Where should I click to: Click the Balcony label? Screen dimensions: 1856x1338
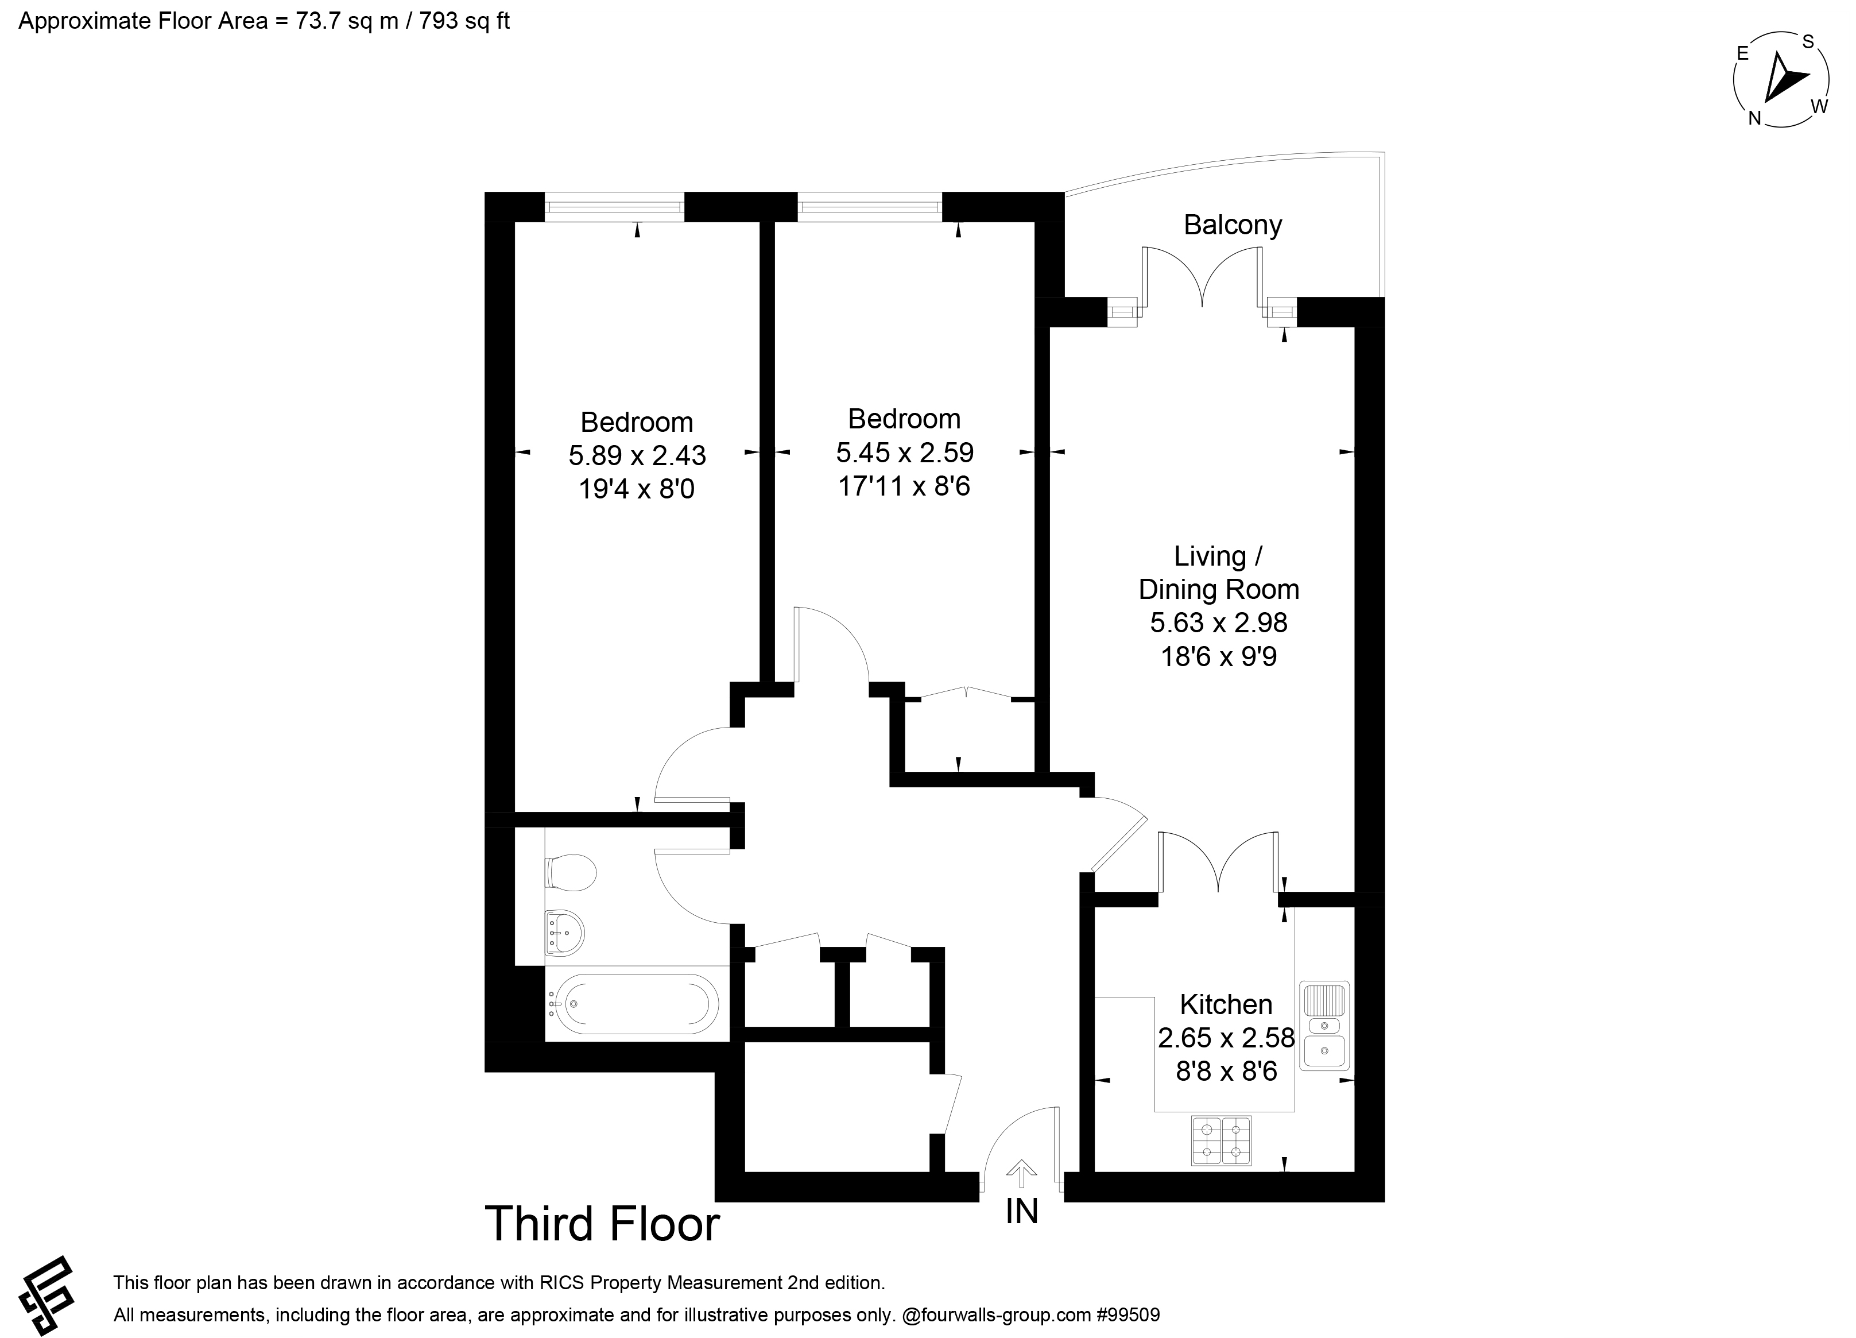click(x=1233, y=225)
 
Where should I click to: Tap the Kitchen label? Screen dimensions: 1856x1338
click(x=1226, y=1004)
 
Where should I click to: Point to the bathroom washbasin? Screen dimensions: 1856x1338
click(x=565, y=932)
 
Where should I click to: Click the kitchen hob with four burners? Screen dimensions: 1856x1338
click(x=1221, y=1141)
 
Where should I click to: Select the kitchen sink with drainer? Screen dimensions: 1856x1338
click(x=1324, y=1026)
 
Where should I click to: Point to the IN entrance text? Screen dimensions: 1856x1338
click(x=1021, y=1211)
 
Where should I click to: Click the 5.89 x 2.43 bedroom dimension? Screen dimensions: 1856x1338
click(x=637, y=455)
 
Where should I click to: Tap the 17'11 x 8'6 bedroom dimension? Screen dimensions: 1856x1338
click(x=904, y=486)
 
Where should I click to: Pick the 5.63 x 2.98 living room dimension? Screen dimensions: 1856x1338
click(x=1219, y=622)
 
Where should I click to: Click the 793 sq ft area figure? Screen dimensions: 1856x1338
click(x=464, y=21)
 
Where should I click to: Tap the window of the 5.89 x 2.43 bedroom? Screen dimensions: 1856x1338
click(x=614, y=206)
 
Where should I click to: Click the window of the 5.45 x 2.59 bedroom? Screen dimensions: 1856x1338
click(x=869, y=206)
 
